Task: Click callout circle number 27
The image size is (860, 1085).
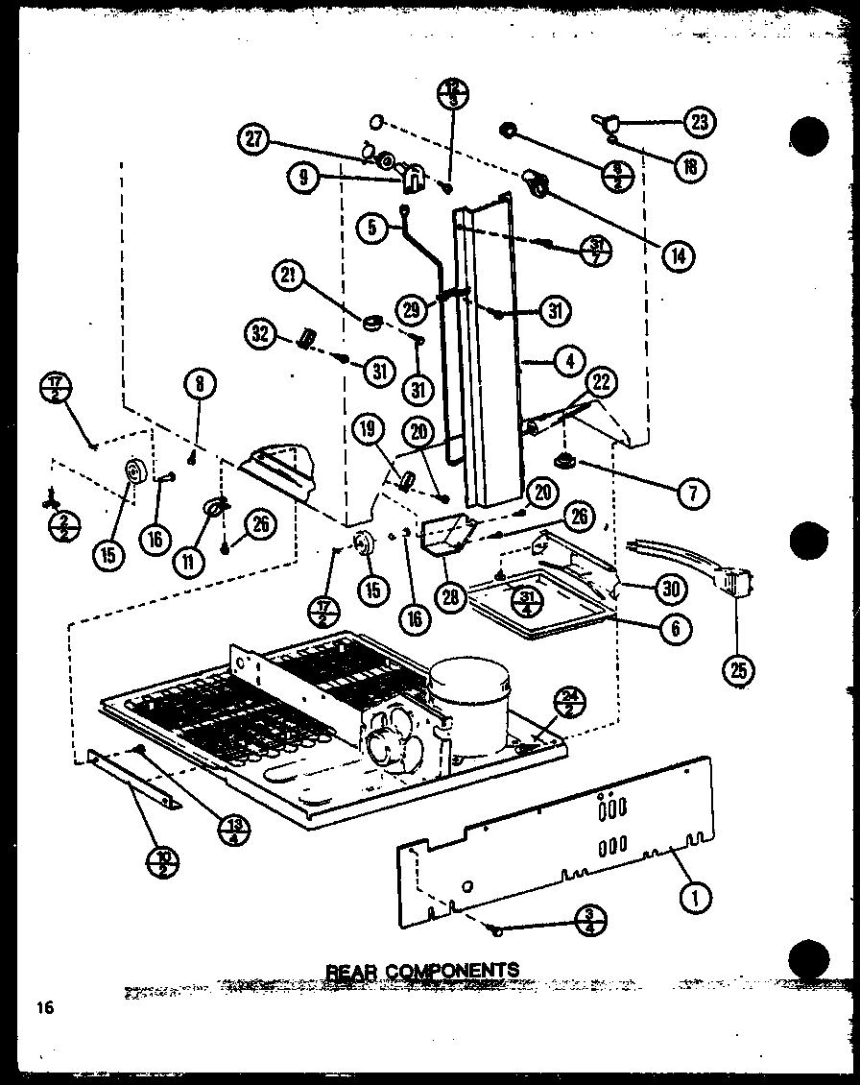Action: coord(252,140)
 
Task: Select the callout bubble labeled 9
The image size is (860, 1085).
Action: coord(302,177)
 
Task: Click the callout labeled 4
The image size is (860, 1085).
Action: coord(569,362)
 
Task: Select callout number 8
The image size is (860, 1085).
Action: coord(199,385)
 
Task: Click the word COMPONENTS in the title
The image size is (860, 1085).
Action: coord(453,970)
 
